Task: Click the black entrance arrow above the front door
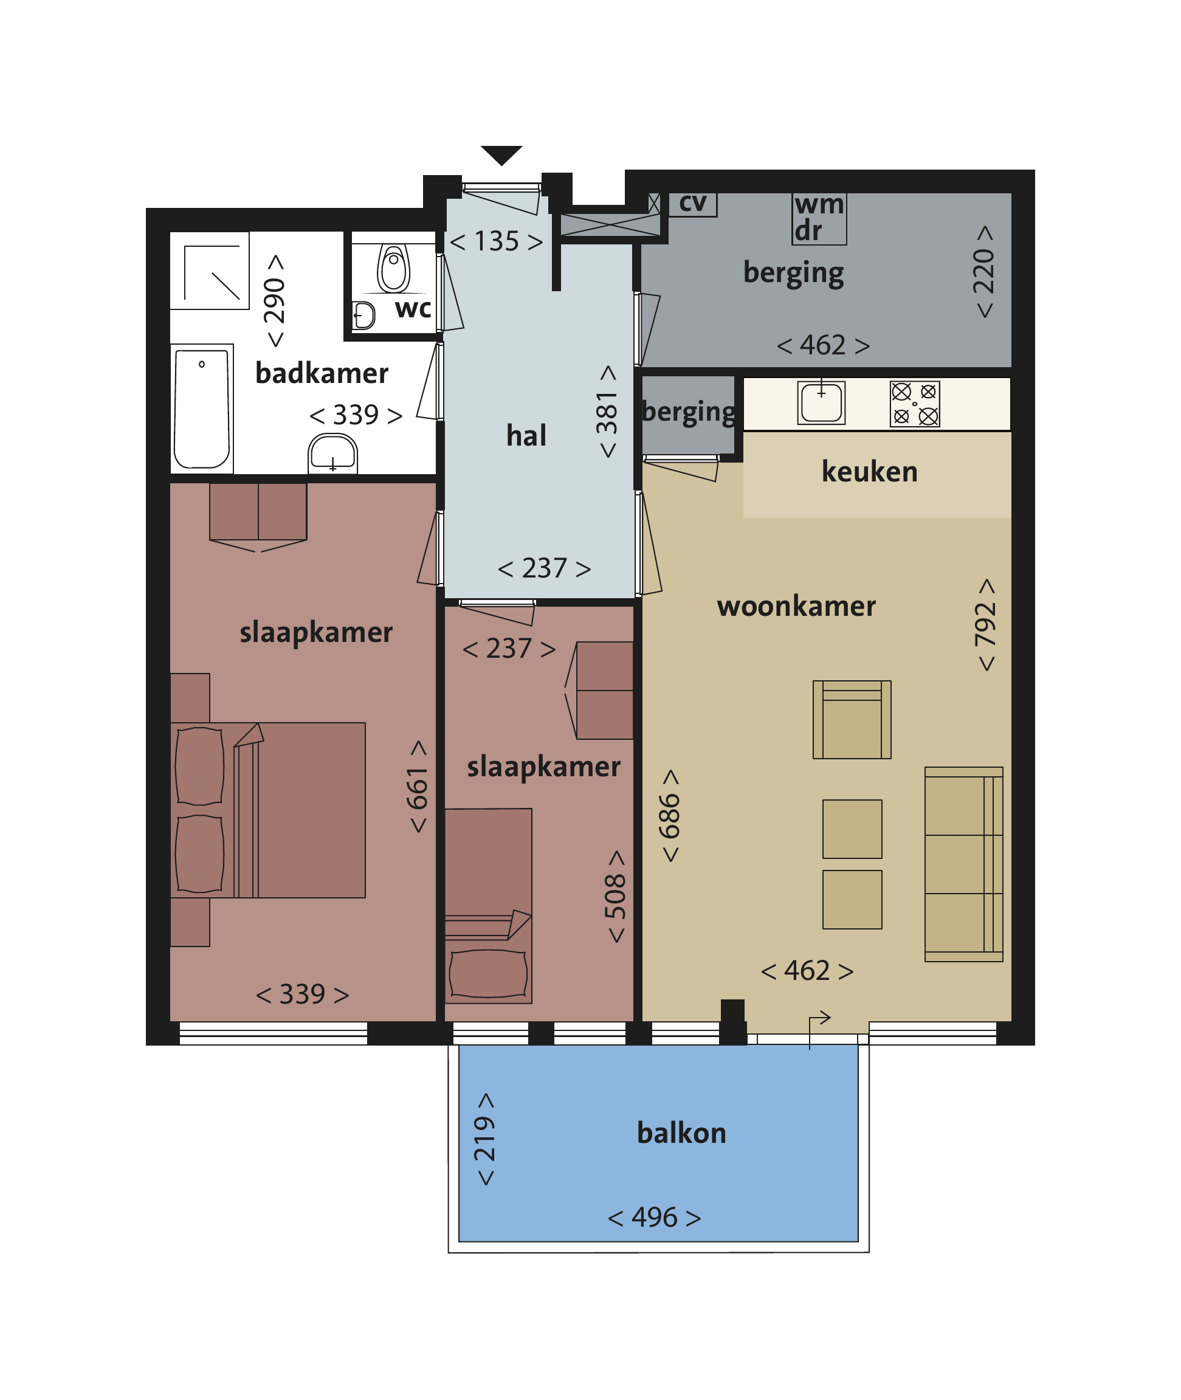point(501,154)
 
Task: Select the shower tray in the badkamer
point(210,271)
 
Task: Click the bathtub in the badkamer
point(202,409)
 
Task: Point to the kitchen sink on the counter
point(821,402)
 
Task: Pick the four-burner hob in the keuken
point(915,404)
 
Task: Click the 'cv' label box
point(692,204)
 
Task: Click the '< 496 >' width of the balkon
point(654,1217)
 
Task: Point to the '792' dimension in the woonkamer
point(985,625)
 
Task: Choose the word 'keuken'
point(869,472)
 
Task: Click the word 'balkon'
point(681,1133)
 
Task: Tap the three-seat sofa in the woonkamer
point(963,864)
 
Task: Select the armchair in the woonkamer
point(852,720)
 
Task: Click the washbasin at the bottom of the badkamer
point(332,453)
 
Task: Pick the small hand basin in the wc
point(363,316)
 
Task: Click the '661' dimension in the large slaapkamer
point(418,787)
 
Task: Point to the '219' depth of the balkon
point(484,1139)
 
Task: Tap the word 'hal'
point(526,436)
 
